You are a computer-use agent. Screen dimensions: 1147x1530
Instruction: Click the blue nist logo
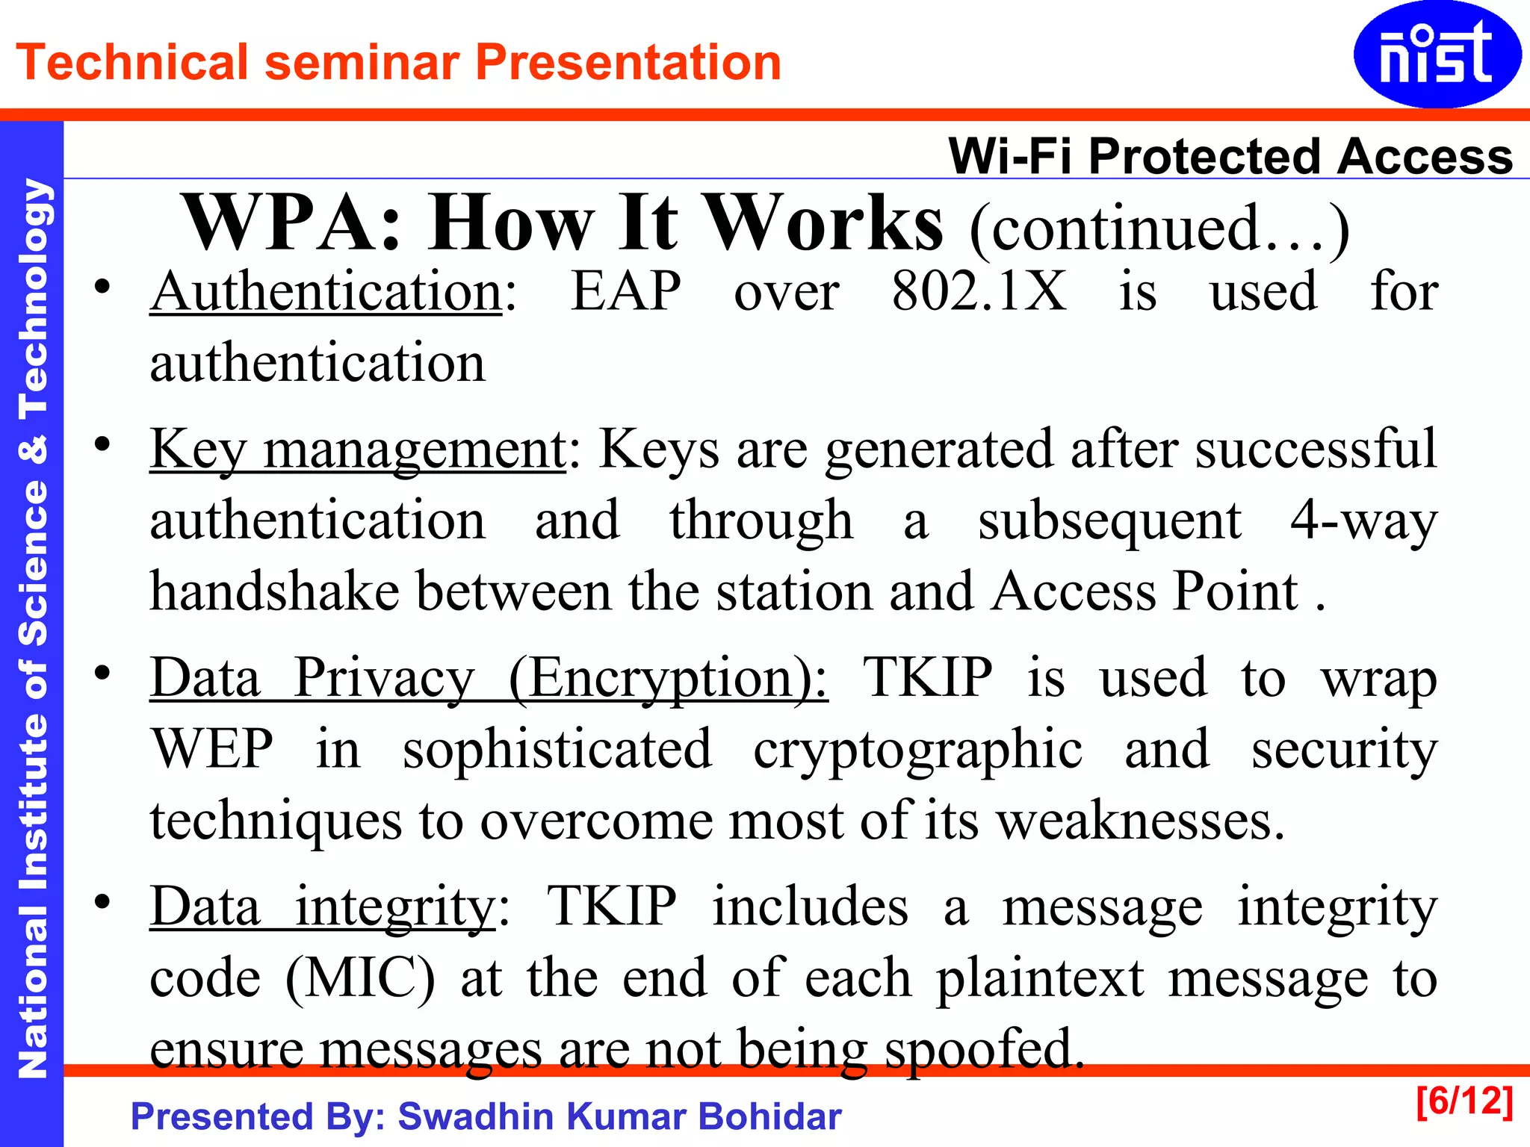coord(1436,54)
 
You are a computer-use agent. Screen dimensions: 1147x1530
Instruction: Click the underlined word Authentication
coord(326,291)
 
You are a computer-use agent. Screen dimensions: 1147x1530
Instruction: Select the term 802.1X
coord(979,291)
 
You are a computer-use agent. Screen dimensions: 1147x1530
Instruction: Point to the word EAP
coord(626,291)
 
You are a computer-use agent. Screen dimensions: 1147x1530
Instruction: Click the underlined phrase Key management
coord(358,449)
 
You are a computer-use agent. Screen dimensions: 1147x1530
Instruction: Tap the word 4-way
coord(1363,520)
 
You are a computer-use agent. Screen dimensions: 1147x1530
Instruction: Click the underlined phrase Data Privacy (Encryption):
coord(489,678)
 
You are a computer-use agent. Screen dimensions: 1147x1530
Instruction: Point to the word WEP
coord(213,749)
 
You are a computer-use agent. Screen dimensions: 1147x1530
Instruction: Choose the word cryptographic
coord(917,749)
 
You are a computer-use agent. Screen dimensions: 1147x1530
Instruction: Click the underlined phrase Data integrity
coord(323,907)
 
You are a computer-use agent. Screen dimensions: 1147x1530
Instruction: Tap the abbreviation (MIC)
coord(360,978)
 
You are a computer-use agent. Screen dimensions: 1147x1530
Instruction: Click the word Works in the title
coord(825,223)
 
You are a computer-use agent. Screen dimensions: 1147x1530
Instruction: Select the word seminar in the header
coord(362,62)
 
